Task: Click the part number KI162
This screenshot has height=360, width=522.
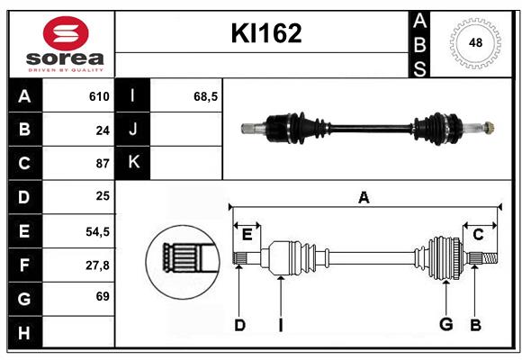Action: (x=266, y=33)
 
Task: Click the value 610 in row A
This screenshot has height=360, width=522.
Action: (x=99, y=96)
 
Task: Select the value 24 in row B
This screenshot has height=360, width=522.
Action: (x=102, y=130)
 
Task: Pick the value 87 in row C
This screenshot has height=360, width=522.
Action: (x=102, y=164)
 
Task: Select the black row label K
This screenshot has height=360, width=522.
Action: (x=133, y=163)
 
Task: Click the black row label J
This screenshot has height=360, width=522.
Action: (x=133, y=130)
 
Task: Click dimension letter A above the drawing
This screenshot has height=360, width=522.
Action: (x=364, y=196)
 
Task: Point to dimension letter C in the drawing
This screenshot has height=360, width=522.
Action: (x=478, y=234)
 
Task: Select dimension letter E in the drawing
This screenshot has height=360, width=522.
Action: (x=247, y=234)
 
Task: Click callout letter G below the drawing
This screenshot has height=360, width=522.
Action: (x=445, y=325)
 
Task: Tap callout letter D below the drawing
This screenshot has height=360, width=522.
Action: (x=239, y=325)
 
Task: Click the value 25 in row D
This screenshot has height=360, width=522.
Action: (x=102, y=197)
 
